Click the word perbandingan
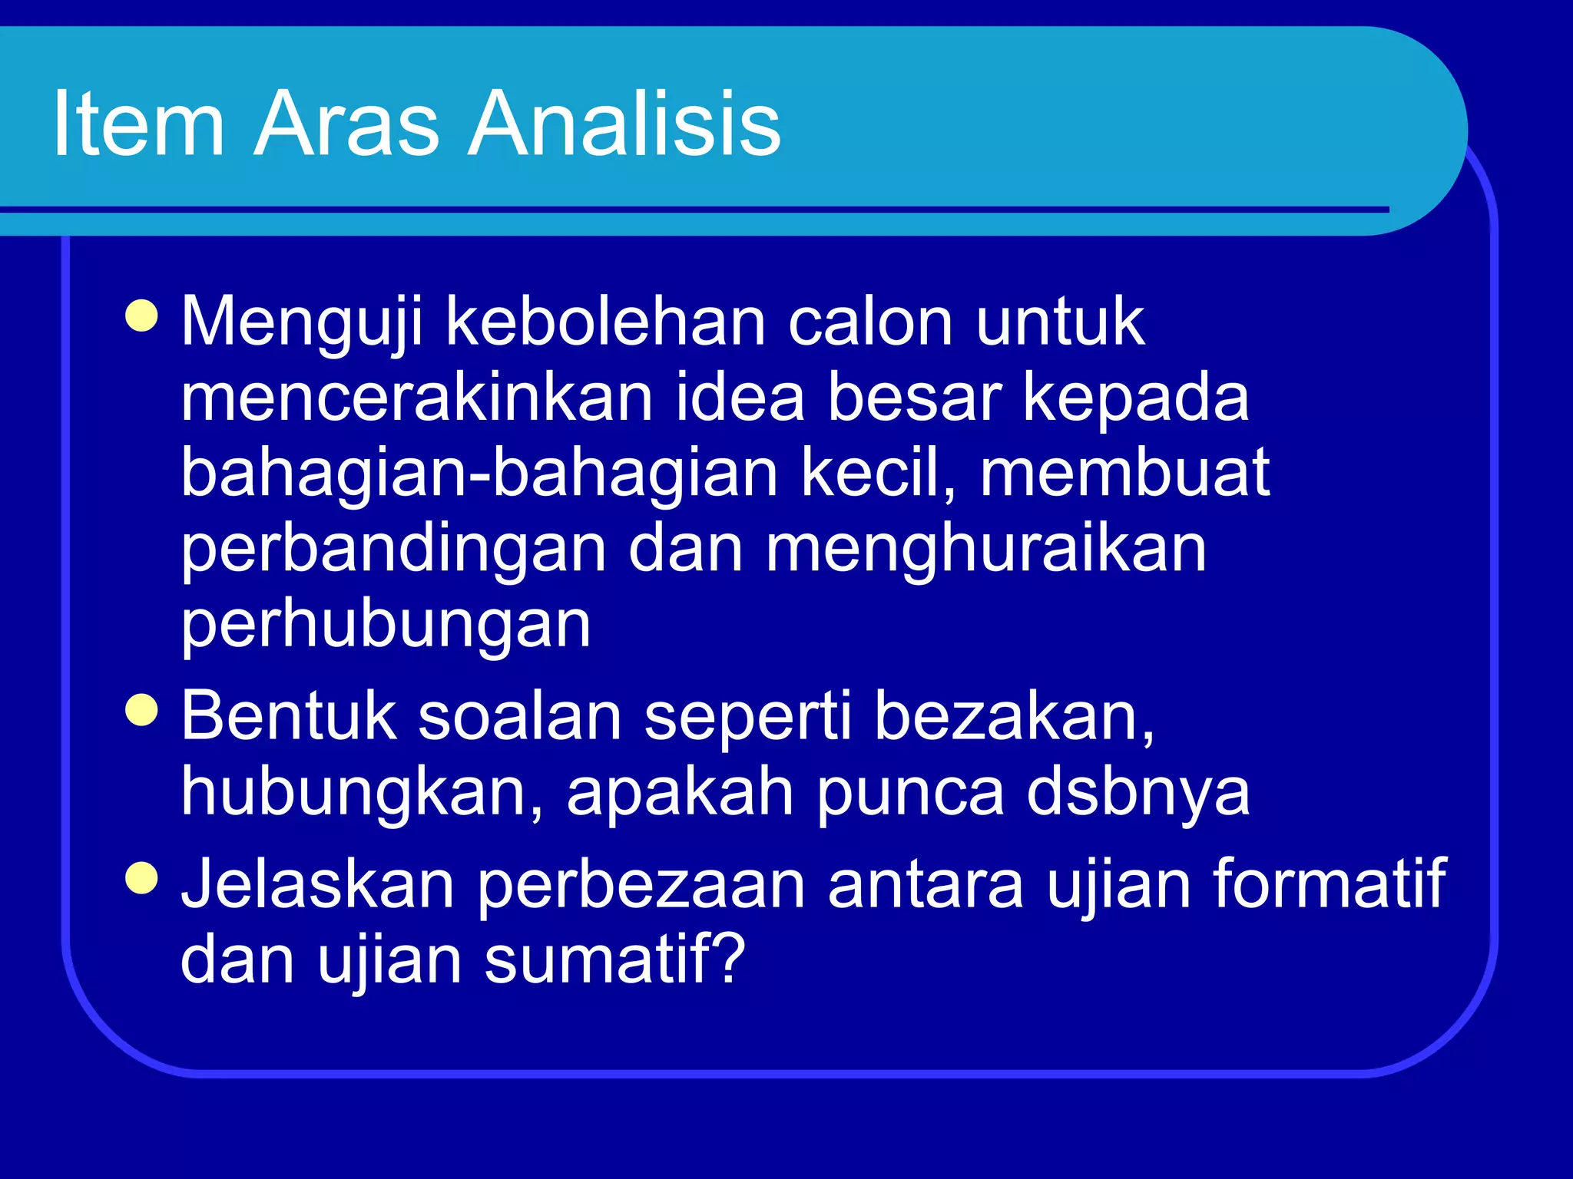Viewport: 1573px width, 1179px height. click(393, 550)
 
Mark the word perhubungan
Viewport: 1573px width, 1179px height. click(386, 626)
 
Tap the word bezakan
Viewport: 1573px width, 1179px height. click(1014, 717)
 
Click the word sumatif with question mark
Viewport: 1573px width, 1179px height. click(614, 959)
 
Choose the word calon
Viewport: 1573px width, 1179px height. click(871, 322)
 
